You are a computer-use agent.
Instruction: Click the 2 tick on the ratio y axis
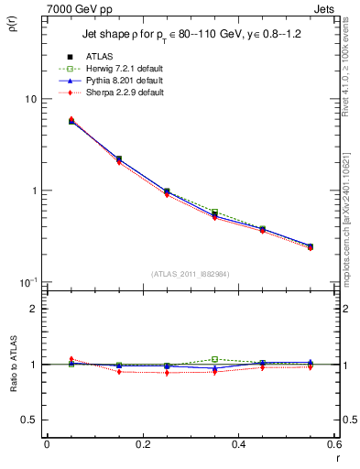(35, 310)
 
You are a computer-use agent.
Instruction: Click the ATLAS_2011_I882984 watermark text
(191, 272)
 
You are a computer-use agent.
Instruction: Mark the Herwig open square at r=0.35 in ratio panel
(214, 359)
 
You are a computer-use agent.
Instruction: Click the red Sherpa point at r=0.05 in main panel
(71, 119)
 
